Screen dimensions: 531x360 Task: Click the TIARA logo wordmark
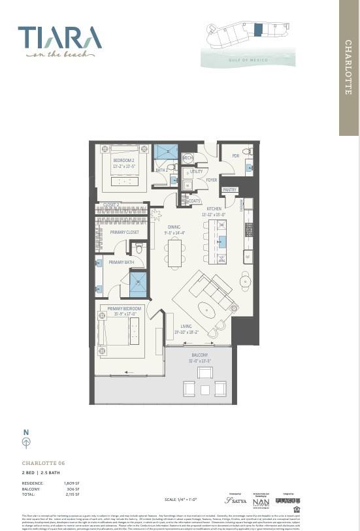[x=59, y=38]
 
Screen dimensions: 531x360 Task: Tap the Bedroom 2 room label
[x=123, y=160]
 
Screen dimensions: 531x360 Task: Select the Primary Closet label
[x=124, y=233]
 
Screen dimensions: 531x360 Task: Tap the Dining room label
[x=174, y=227]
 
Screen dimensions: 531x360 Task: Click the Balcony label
[x=199, y=357]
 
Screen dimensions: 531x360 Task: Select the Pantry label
[x=229, y=190]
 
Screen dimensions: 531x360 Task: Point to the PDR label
[x=235, y=156]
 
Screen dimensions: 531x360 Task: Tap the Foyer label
[x=212, y=180]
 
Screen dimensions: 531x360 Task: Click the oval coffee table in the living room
[x=205, y=309]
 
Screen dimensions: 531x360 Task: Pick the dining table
[x=174, y=251]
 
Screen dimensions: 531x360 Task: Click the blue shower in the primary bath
[x=138, y=284]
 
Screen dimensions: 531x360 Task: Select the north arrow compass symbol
[x=26, y=442]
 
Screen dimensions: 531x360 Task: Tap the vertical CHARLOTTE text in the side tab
[x=348, y=67]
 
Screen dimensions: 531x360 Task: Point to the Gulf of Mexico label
[x=248, y=59]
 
